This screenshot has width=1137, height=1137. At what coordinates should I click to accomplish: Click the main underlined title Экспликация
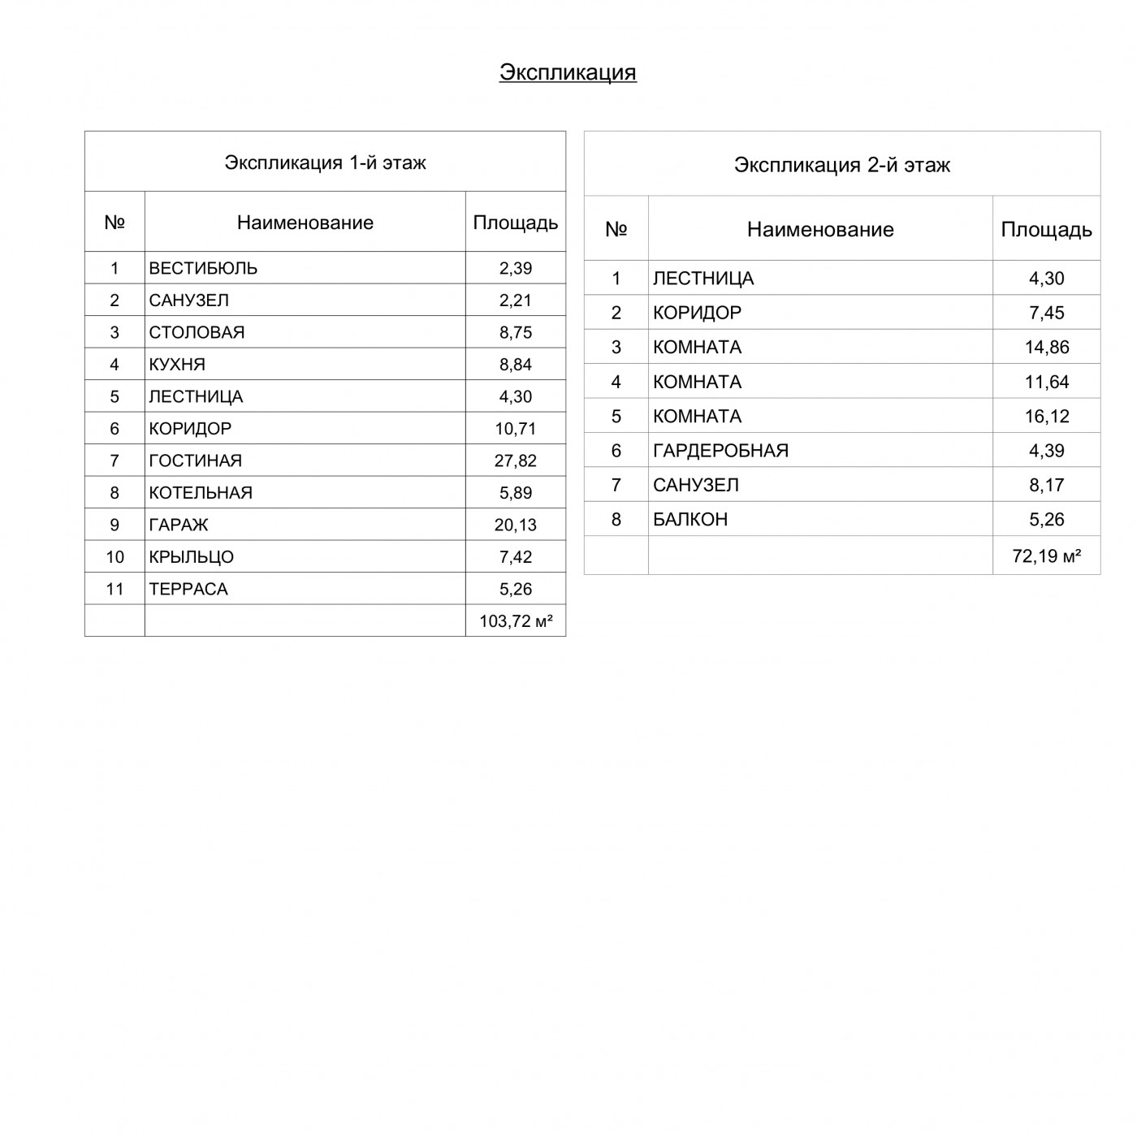click(x=568, y=72)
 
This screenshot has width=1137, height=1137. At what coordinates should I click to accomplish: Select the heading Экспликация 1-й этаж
click(x=325, y=162)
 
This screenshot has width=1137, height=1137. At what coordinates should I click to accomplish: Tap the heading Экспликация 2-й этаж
click(x=842, y=165)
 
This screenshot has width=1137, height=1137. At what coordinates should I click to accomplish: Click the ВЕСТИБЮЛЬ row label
click(x=203, y=268)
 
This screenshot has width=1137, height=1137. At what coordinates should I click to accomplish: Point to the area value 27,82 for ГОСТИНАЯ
click(x=516, y=460)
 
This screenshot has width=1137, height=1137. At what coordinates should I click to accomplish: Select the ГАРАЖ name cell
click(x=179, y=525)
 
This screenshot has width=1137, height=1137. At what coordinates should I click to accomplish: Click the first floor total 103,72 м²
click(x=516, y=621)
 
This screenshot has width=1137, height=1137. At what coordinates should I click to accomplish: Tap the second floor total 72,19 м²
click(x=1046, y=556)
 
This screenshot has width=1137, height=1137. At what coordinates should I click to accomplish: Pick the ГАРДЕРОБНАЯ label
click(x=720, y=451)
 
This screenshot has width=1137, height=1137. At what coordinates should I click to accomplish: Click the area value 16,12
click(x=1046, y=417)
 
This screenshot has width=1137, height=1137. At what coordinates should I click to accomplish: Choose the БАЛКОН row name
click(x=690, y=520)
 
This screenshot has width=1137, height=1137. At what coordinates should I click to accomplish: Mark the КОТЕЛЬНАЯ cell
click(x=201, y=493)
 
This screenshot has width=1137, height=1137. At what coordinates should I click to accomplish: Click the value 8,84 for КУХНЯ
click(x=516, y=365)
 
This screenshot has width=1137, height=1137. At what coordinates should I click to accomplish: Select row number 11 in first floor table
click(x=115, y=590)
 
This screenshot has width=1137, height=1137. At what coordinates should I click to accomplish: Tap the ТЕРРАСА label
click(x=188, y=590)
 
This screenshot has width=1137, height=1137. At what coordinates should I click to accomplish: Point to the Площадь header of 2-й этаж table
click(x=1046, y=230)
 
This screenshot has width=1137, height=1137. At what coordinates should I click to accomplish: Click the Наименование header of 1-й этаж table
click(x=305, y=223)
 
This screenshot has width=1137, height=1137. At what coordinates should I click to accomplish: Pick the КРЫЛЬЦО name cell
click(x=191, y=557)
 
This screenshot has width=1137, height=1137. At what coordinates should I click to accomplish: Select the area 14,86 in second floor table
click(x=1046, y=348)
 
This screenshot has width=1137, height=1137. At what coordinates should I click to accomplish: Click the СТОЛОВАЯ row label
click(x=197, y=332)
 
